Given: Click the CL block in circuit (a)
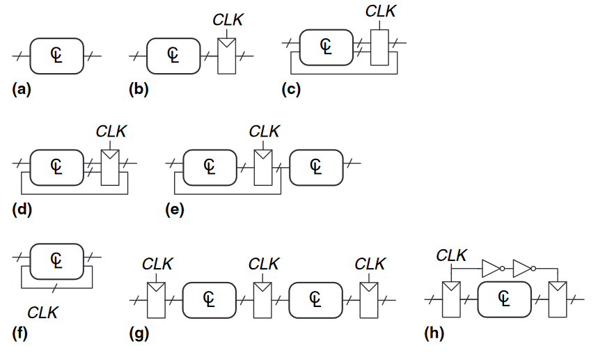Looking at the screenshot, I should [x=57, y=55].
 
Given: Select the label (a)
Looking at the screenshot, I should [x=22, y=88].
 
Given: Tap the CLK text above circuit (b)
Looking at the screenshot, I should [x=228, y=20].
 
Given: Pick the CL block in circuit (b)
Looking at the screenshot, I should [x=173, y=55].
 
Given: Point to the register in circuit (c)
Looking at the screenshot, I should [x=379, y=47].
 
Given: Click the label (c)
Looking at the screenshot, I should [x=291, y=90].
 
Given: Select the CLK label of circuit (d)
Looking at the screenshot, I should [x=111, y=131].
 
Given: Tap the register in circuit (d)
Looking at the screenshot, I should [x=111, y=166].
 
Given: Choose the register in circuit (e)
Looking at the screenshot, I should [x=263, y=166].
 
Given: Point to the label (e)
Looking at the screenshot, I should [x=175, y=208].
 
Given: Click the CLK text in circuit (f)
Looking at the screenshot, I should [x=42, y=313].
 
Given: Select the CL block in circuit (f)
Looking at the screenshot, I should [x=57, y=260].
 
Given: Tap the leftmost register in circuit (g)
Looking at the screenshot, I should [x=157, y=299].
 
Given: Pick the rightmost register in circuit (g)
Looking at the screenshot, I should [x=369, y=299].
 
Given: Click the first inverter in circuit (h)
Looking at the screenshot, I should [x=492, y=267].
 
